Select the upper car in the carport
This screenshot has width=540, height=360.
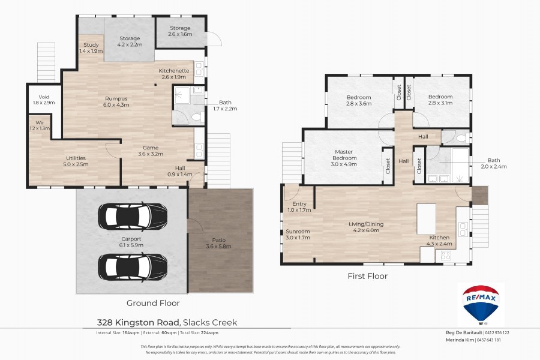(x=133, y=214)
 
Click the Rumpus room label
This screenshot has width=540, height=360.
(x=116, y=101)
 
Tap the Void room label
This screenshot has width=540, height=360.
(x=43, y=99)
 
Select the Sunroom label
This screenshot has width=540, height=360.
(x=298, y=234)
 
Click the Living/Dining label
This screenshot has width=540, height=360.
(x=366, y=227)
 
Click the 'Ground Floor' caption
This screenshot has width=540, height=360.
(x=154, y=303)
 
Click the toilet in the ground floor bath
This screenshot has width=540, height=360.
(x=195, y=117)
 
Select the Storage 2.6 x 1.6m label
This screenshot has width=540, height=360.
(x=180, y=31)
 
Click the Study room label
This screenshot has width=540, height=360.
(x=91, y=48)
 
